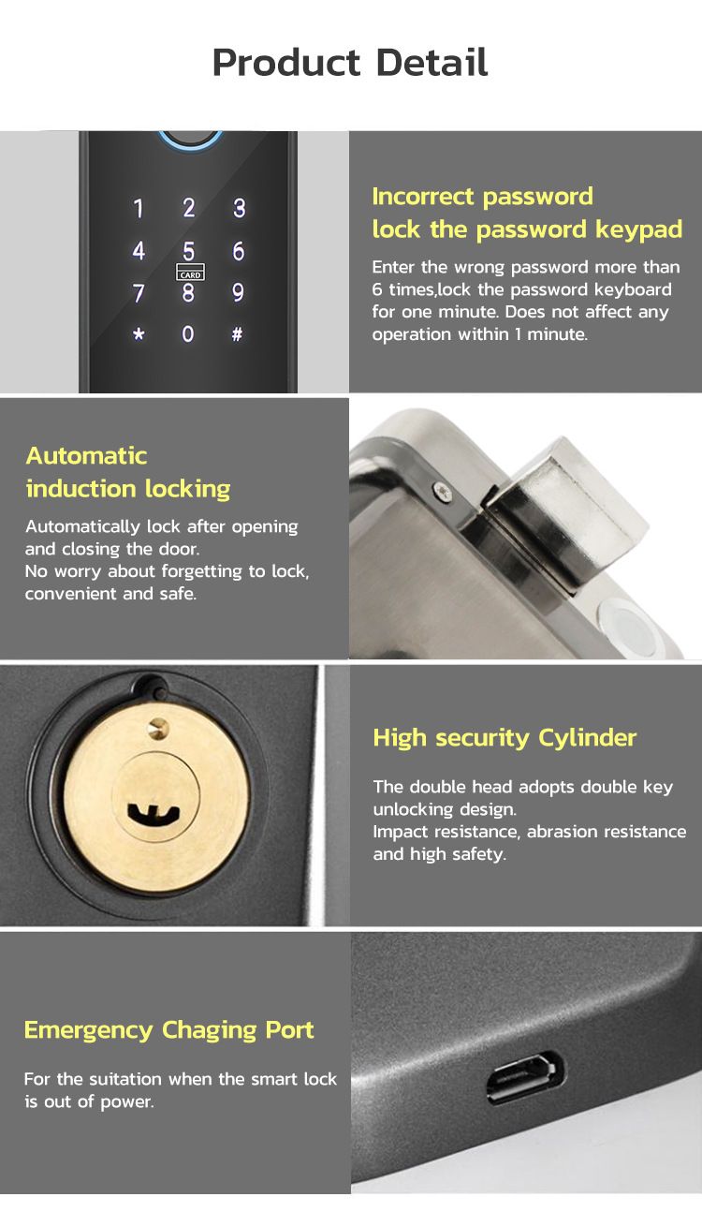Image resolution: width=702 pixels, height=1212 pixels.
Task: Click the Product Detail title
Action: (350, 62)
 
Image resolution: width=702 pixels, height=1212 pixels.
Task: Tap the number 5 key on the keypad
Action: (188, 251)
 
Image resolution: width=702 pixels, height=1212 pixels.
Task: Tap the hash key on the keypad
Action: (237, 333)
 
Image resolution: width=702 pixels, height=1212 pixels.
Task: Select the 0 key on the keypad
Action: (188, 333)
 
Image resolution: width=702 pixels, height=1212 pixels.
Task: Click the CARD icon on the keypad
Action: (190, 273)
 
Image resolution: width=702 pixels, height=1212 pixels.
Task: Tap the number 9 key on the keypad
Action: (238, 292)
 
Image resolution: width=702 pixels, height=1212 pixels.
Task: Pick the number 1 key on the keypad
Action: (139, 208)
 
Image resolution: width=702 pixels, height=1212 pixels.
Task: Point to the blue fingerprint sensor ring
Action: (190, 140)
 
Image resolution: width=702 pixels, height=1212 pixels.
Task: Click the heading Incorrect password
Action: (482, 197)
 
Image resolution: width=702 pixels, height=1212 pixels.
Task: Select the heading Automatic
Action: (86, 455)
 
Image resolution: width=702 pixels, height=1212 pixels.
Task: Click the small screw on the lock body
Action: (443, 492)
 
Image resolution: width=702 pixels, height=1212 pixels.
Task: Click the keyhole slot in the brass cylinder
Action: (154, 813)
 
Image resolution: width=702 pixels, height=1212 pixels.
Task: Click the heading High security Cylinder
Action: (505, 738)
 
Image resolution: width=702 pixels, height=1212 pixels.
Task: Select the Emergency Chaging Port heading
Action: (168, 1030)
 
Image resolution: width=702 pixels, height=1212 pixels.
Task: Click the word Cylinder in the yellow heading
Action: (588, 738)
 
